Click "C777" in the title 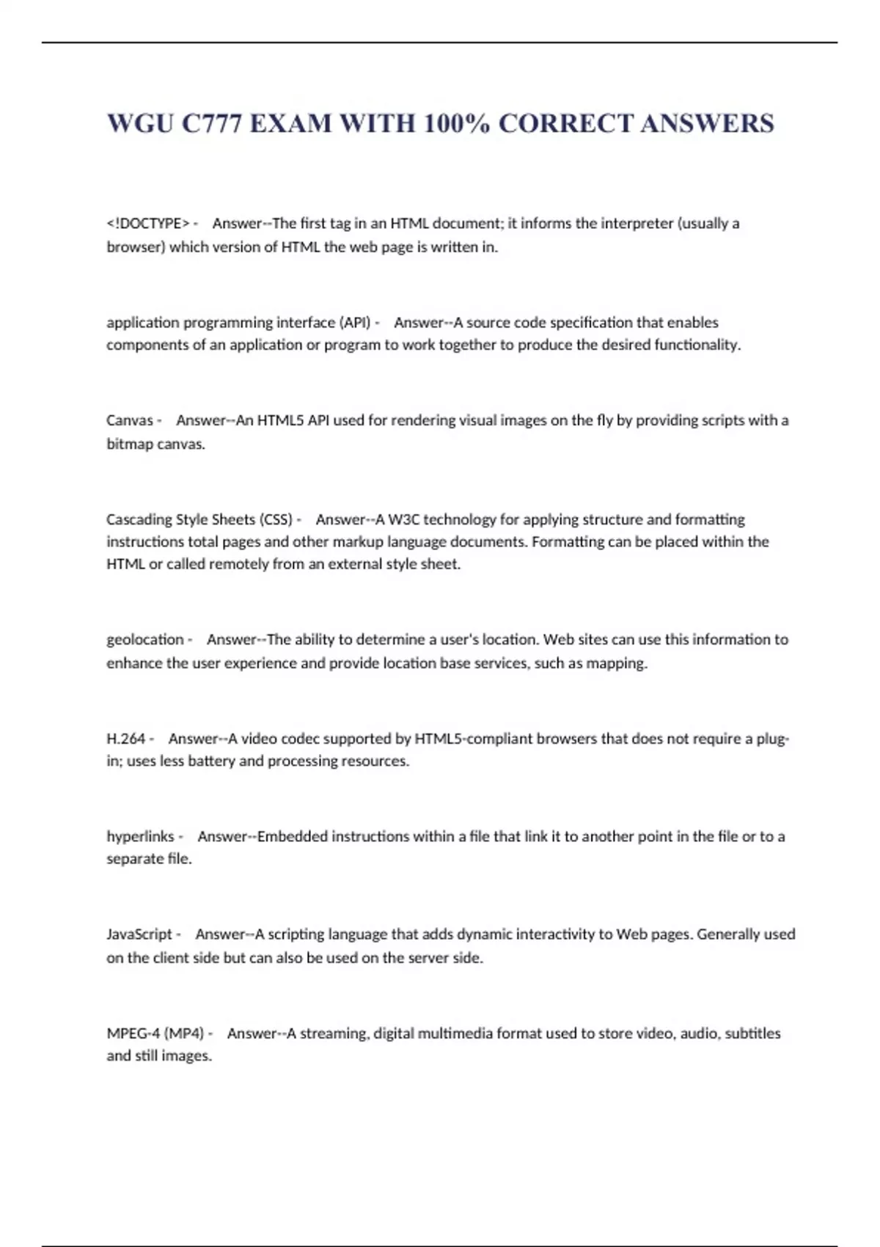click(x=211, y=123)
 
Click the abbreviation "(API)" click(x=355, y=322)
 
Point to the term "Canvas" click(x=130, y=420)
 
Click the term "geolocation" click(x=145, y=639)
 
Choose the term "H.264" click(x=126, y=739)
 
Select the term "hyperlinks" click(x=140, y=836)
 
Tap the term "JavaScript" click(x=139, y=934)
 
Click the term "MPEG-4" click(x=133, y=1033)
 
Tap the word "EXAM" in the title click(x=290, y=123)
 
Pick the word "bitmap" click(x=130, y=444)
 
